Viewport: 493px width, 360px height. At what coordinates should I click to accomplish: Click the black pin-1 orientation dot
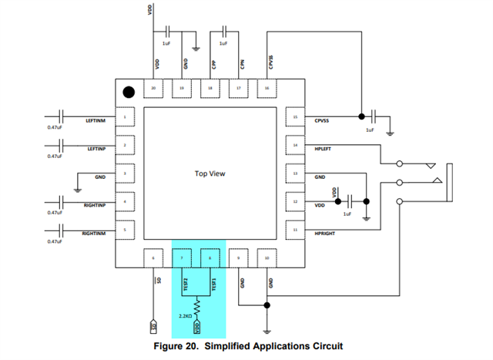point(128,92)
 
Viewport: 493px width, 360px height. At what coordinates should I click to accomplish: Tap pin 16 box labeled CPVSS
point(267,89)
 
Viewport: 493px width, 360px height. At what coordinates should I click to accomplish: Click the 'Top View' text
point(210,174)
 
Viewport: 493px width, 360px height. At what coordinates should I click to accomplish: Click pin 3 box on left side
point(125,174)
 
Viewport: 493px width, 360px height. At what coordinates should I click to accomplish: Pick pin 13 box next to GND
point(295,174)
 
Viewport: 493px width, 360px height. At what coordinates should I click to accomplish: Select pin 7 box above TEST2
point(182,258)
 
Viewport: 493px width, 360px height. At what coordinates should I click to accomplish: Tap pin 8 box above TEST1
point(210,258)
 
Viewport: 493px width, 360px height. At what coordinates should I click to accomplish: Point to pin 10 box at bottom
point(267,258)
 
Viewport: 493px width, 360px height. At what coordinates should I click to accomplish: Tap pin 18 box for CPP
point(210,89)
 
